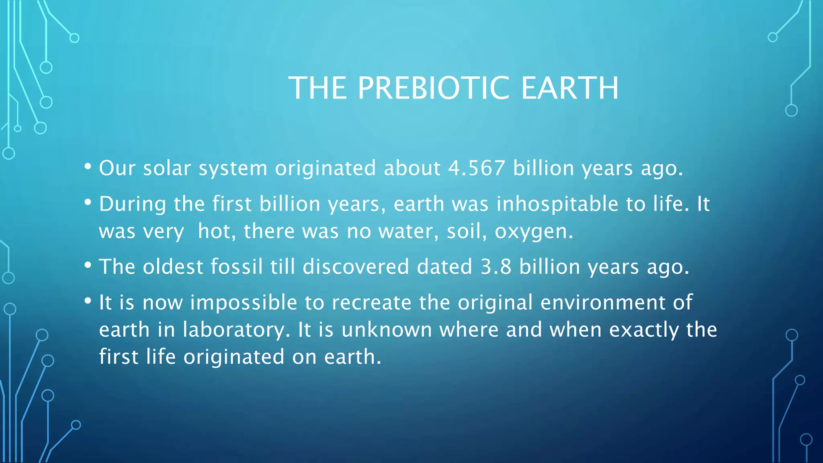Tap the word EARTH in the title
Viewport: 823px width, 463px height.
570,88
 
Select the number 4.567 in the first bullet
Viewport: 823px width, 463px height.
477,168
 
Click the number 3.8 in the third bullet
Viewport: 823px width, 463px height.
496,267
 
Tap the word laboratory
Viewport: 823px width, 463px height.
236,330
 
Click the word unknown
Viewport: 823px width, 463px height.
387,330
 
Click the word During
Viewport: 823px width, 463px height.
132,205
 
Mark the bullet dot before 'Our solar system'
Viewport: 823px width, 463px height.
88,166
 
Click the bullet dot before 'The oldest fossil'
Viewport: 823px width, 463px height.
88,265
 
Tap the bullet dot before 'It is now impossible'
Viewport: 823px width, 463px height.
88,301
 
